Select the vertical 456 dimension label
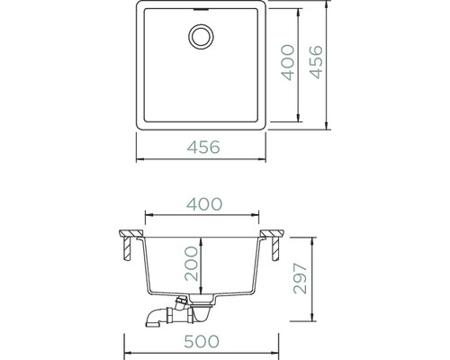316,62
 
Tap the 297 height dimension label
300,278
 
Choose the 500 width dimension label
202,341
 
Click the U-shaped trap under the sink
202,313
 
